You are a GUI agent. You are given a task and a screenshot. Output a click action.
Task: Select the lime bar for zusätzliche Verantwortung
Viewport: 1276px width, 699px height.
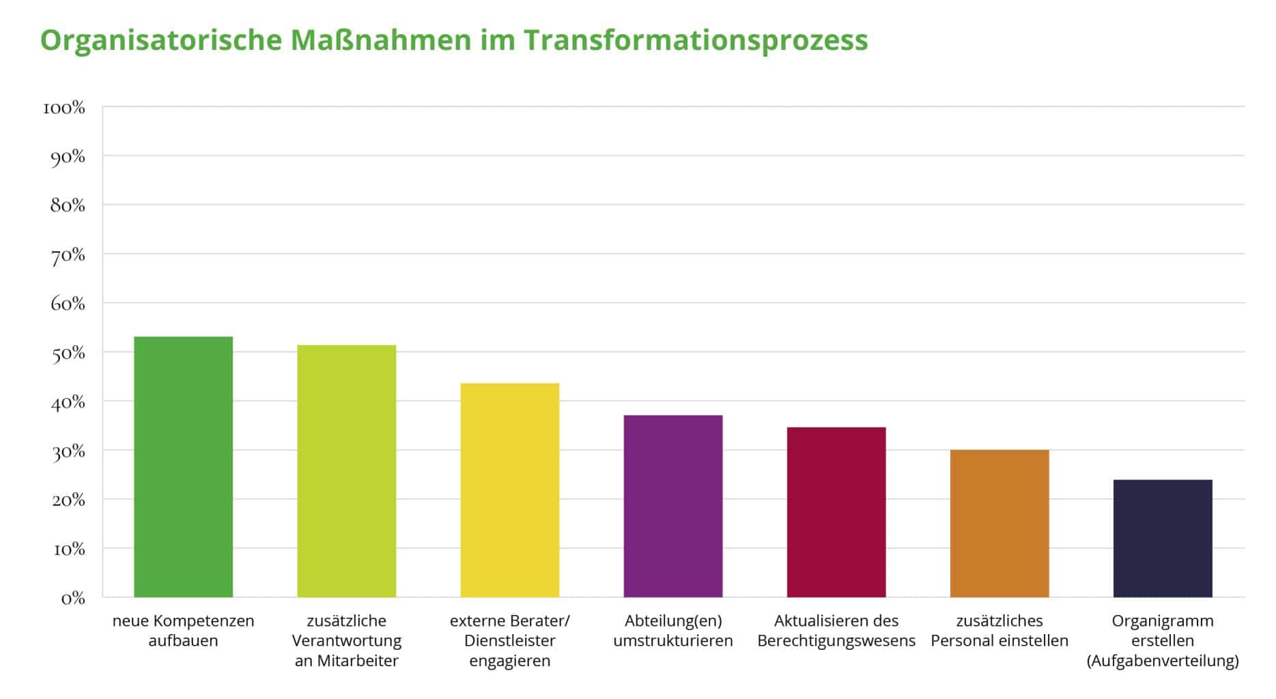[x=346, y=471]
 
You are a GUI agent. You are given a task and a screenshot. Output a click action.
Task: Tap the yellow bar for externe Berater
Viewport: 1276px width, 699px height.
[x=509, y=490]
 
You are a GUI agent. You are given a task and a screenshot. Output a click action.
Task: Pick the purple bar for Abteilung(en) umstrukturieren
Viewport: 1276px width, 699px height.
[x=672, y=506]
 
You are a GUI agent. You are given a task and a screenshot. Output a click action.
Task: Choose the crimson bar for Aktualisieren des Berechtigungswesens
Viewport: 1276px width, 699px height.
[x=836, y=512]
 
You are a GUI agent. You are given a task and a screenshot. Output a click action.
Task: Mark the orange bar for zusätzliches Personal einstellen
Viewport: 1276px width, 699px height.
[x=999, y=523]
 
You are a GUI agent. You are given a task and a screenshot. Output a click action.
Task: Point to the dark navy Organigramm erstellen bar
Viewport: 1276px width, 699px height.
[x=1162, y=538]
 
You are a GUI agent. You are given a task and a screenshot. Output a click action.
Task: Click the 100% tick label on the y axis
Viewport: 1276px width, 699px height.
[x=64, y=108]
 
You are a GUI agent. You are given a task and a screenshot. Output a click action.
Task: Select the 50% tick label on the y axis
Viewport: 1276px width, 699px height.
[x=68, y=353]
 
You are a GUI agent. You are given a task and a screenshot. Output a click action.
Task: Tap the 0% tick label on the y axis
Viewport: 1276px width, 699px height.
[x=72, y=599]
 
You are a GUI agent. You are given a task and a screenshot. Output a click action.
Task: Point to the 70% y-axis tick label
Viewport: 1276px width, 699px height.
[x=68, y=256]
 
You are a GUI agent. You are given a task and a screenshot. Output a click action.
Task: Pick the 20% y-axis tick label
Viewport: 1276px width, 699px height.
[x=68, y=500]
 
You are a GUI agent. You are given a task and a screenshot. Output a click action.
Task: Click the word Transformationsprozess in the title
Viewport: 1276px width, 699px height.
[x=696, y=40]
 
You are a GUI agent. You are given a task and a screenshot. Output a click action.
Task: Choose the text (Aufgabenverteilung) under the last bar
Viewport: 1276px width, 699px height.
[x=1162, y=661]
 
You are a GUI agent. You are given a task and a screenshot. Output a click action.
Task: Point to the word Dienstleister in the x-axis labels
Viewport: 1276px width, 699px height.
[x=509, y=641]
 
